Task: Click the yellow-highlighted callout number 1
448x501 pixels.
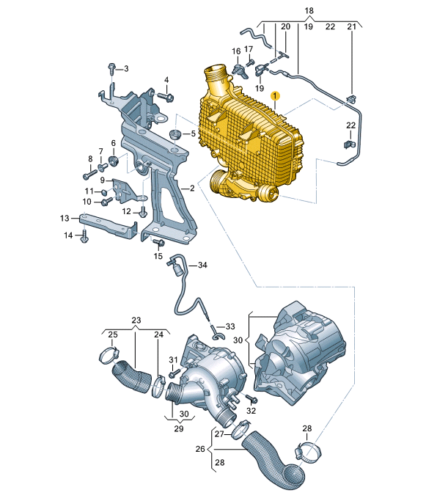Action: pos(275,95)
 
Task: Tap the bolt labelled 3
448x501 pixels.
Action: pos(111,68)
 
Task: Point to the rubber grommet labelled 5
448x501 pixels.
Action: pos(174,134)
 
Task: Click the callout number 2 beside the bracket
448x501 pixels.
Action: pos(191,189)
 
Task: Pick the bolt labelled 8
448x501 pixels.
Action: pos(90,175)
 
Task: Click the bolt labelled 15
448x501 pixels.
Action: pos(158,243)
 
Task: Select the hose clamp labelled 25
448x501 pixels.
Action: pos(109,356)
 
